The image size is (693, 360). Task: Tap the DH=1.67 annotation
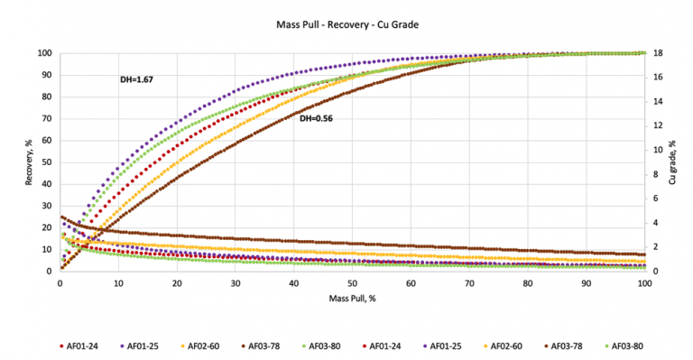coord(136,80)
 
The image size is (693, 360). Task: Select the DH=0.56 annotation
coord(316,117)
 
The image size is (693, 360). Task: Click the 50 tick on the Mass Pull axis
coord(352,282)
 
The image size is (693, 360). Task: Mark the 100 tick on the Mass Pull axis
coord(644,282)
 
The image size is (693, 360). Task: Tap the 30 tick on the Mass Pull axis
coord(235,282)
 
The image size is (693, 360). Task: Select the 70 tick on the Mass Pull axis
coord(469,282)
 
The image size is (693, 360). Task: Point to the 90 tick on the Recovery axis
coord(44,75)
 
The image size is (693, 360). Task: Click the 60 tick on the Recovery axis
coord(44,141)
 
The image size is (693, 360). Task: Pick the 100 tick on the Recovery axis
coord(42,53)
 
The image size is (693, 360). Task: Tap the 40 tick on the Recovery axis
coord(44,184)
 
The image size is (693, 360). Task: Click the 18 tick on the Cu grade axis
coord(659,53)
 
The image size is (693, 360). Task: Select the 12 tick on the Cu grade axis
coord(659,126)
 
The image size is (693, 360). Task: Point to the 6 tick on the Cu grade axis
coord(657,198)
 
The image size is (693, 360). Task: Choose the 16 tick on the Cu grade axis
coord(659,78)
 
